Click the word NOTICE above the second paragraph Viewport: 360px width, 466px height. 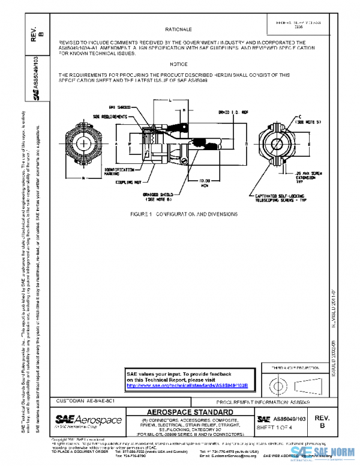click(178, 63)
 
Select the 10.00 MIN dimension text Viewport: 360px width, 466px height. click(205, 181)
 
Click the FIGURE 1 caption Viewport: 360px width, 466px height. click(184, 214)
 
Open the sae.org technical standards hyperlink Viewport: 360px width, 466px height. click(191, 385)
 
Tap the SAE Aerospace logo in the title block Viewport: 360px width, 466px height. click(89, 420)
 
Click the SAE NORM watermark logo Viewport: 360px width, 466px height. click(323, 452)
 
